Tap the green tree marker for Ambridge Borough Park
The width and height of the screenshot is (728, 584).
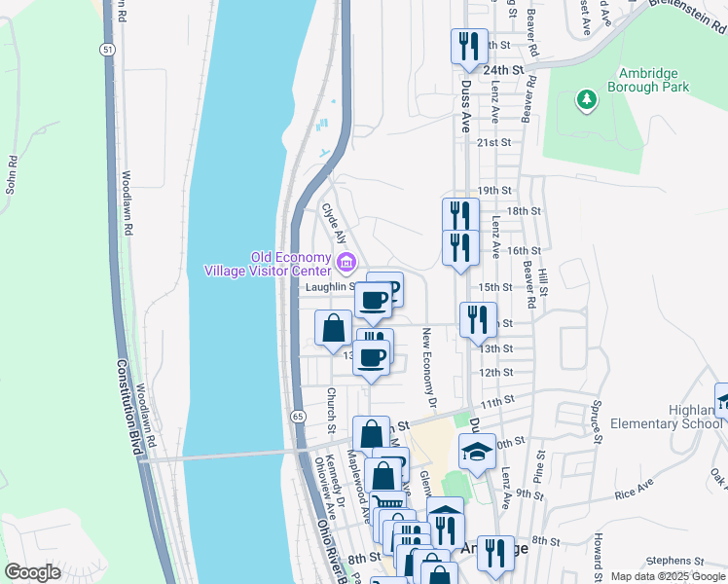[x=586, y=99]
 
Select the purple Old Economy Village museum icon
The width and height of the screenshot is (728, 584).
[x=346, y=263]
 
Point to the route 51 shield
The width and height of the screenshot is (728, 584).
[x=107, y=49]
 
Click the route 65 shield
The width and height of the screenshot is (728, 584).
[x=298, y=416]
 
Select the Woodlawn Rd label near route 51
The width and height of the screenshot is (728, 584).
[x=127, y=203]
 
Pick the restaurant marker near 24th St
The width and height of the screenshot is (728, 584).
[x=469, y=46]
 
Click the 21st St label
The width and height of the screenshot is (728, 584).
[x=494, y=142]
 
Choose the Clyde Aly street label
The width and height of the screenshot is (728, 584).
[x=335, y=223]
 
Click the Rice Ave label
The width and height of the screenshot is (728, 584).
[x=634, y=490]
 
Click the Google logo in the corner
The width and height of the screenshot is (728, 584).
[x=33, y=572]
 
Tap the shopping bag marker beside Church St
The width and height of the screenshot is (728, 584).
[x=334, y=328]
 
